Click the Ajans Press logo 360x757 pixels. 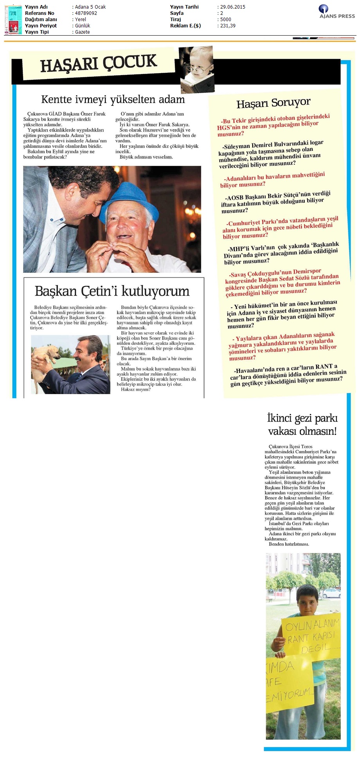(337, 11)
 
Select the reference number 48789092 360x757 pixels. (86, 13)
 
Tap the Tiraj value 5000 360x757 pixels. (226, 20)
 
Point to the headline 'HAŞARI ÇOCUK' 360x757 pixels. (99, 64)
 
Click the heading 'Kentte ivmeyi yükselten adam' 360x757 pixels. (113, 99)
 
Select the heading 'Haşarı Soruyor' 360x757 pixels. (273, 103)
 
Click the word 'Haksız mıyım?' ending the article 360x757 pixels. (135, 389)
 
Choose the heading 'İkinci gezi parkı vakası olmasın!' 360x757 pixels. (302, 425)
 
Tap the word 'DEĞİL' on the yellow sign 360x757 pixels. (315, 648)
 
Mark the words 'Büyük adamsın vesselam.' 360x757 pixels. (146, 157)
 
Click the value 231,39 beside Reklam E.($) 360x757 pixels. (228, 26)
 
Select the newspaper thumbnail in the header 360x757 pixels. (13, 20)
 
